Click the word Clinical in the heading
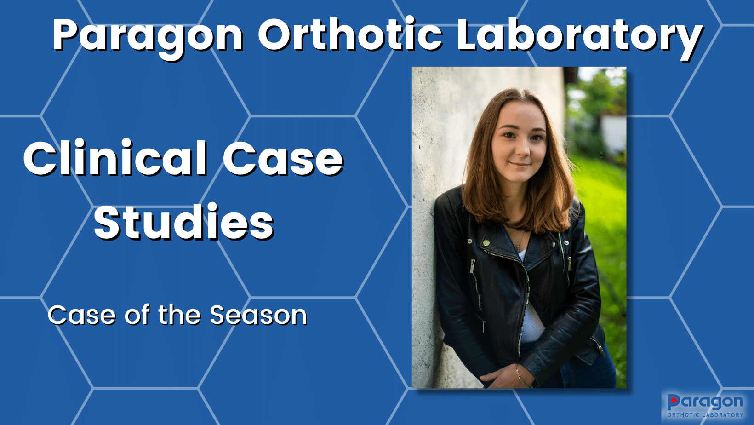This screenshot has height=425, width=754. point(115,158)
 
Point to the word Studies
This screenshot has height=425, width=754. point(184,222)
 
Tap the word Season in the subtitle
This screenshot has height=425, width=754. point(258,315)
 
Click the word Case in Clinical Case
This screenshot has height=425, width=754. point(283,158)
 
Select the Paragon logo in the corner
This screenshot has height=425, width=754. point(706,406)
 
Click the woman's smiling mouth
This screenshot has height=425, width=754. point(520,165)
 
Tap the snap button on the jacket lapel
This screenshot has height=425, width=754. point(486,243)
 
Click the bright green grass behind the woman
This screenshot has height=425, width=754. point(603,209)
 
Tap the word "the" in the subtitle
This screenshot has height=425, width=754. point(180,315)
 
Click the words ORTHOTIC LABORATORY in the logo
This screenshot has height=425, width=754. point(705,415)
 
